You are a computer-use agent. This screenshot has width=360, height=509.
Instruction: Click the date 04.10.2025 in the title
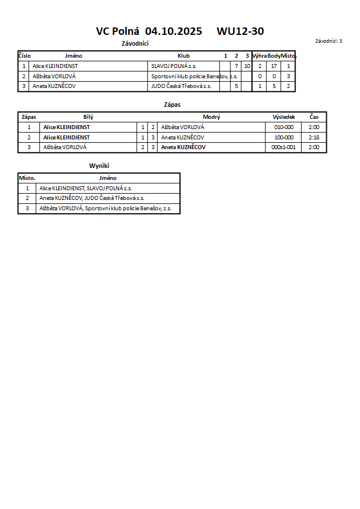174,31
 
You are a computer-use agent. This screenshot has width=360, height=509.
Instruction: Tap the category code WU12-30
240,31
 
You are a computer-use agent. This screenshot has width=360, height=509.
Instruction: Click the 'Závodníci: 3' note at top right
329,41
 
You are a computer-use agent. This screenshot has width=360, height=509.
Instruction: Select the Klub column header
183,56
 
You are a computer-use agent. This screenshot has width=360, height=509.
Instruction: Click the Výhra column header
259,56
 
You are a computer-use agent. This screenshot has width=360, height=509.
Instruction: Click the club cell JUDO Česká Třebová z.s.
181,86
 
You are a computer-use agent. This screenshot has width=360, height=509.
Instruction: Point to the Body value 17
274,66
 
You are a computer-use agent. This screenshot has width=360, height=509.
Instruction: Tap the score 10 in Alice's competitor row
247,66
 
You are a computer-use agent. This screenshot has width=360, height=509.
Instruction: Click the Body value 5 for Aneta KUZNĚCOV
274,86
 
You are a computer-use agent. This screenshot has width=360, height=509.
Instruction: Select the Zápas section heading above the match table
172,105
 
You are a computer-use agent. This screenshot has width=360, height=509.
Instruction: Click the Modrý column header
211,117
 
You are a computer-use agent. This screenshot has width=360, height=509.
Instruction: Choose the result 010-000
284,127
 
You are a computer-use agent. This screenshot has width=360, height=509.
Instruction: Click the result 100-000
284,138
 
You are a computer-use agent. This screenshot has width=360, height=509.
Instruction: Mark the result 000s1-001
284,147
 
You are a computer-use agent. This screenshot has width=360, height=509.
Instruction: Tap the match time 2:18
314,138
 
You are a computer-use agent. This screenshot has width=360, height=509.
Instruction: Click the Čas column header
314,117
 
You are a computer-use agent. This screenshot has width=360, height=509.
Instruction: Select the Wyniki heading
99,165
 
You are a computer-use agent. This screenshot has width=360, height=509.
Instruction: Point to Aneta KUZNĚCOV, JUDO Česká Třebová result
91,198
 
